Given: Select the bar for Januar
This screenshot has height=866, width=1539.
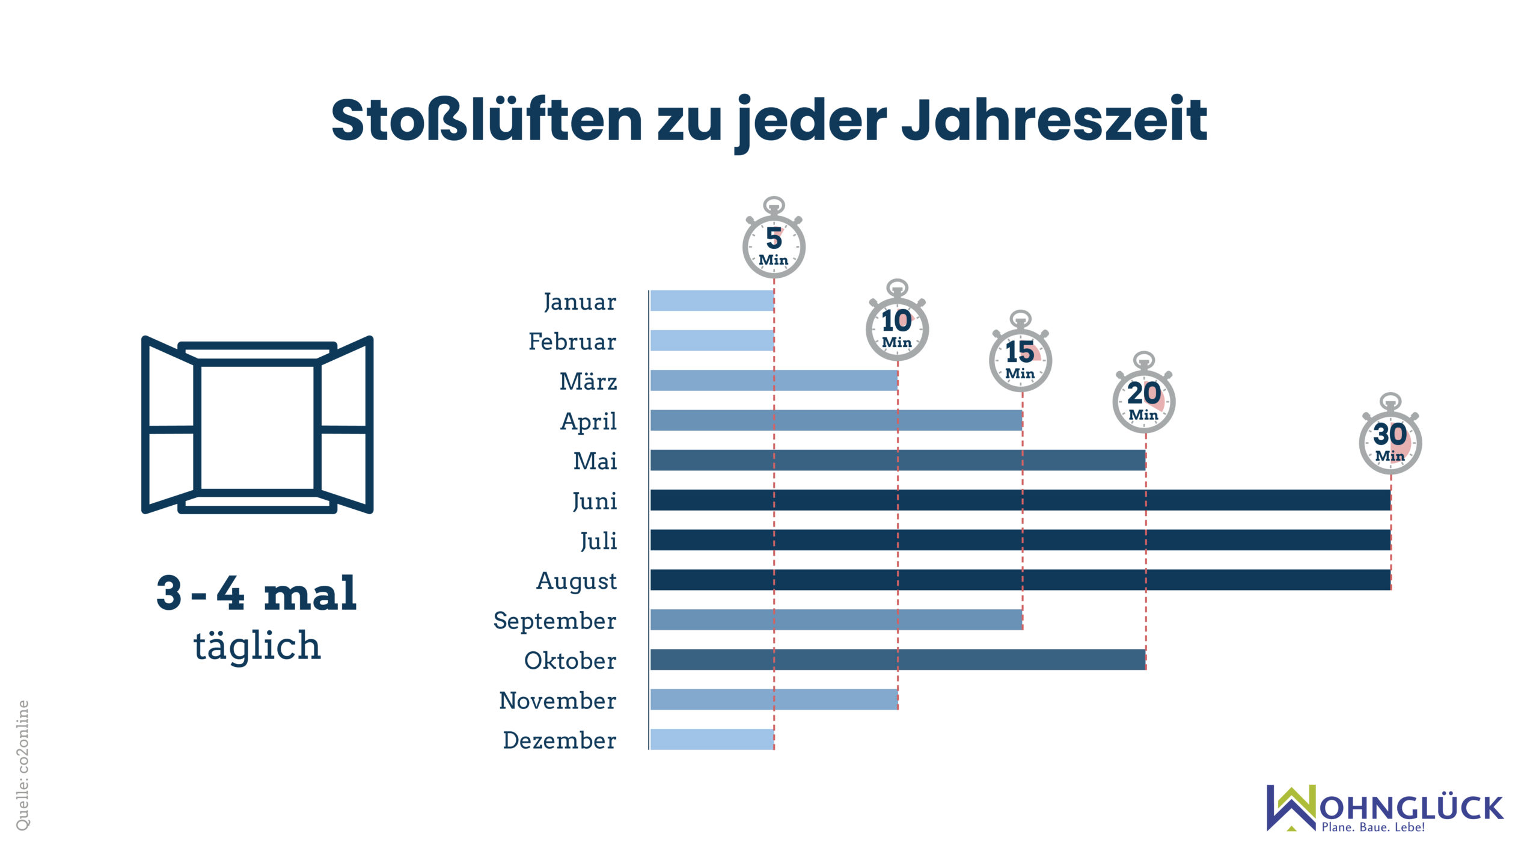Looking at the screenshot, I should tap(712, 301).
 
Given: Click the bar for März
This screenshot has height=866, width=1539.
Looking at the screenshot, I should tap(774, 380).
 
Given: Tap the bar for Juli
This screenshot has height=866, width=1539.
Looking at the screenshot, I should tap(1020, 540).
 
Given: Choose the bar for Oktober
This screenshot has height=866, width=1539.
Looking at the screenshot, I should tap(898, 660).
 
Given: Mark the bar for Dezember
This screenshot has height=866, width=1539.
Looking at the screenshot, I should tap(712, 739).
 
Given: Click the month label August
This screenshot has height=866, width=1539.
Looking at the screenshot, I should tap(576, 581).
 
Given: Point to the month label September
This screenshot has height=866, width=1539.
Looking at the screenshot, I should tap(554, 621).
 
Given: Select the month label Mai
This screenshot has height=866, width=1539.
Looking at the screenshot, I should tap(595, 461).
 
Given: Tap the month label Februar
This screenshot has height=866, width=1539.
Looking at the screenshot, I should tap(572, 342).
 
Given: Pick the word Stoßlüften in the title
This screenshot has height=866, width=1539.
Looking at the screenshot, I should tap(487, 120).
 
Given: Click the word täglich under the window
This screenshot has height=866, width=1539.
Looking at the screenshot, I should tap(257, 646).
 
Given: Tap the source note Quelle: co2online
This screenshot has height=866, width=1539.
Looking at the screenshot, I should tap(22, 765).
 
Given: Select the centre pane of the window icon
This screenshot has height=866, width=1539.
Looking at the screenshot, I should tap(257, 427).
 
